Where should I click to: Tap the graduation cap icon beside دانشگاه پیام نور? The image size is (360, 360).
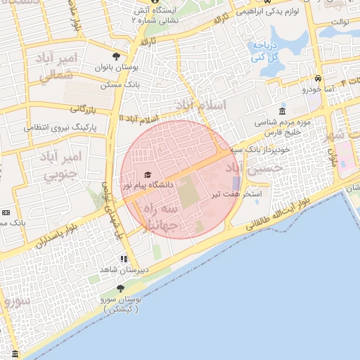(x=148, y=174)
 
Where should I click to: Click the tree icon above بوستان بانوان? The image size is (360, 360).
(x=116, y=56)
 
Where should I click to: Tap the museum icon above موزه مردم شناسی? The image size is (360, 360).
(x=282, y=112)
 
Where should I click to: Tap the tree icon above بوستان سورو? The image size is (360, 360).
(x=120, y=288)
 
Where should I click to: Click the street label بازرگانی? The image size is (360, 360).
(x=82, y=109)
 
